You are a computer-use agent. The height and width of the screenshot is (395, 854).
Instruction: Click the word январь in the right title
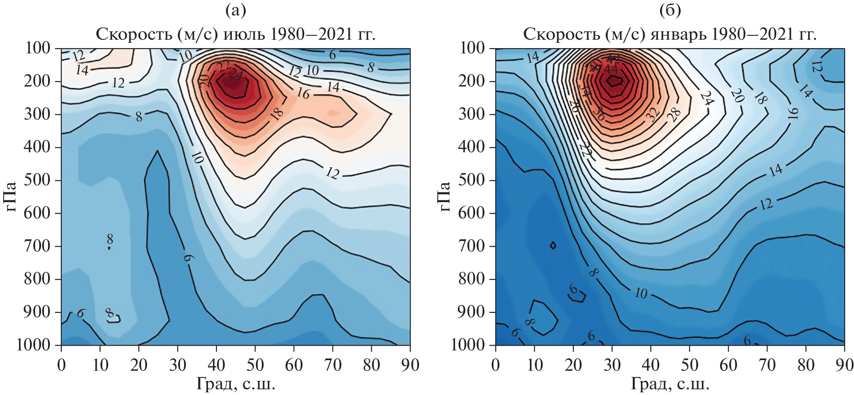[x=678, y=34]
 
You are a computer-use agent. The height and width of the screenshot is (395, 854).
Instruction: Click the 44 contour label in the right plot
[x=611, y=69]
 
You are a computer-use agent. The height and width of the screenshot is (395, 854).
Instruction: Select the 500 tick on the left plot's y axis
[x=37, y=180]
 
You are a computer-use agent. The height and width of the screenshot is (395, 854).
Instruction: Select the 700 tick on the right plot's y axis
[x=472, y=246]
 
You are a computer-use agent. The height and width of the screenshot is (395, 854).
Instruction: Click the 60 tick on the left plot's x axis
[x=294, y=365]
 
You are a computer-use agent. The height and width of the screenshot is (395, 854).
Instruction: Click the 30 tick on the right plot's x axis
[x=612, y=365]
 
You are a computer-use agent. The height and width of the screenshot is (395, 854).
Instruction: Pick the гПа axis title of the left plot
[x=11, y=196]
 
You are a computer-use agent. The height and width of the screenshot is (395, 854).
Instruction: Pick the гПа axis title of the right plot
[x=445, y=196]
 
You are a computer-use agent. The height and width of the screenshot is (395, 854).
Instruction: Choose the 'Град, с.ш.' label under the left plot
[x=236, y=384]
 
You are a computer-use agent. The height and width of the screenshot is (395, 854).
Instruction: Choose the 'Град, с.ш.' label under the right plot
[x=670, y=384]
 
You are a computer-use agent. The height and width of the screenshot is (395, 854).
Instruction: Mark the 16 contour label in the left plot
[x=303, y=93]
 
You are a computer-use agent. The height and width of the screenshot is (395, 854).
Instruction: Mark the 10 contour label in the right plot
[x=641, y=293]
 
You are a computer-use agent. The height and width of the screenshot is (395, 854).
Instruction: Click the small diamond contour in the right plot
[x=553, y=245]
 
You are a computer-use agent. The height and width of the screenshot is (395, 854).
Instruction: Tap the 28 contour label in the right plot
[x=674, y=115]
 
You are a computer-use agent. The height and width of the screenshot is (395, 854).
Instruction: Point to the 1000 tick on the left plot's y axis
[x=34, y=345]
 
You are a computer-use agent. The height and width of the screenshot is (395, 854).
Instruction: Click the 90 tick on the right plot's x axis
[x=844, y=365]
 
